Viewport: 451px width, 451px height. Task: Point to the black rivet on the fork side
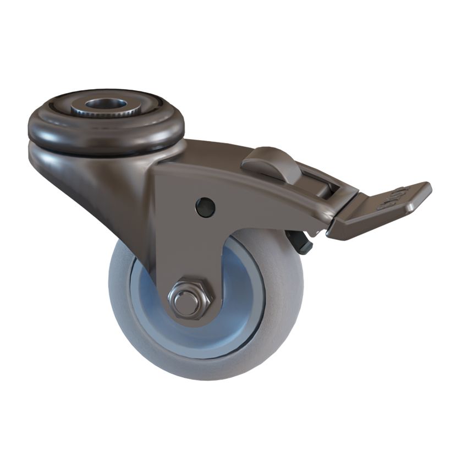tap(205, 206)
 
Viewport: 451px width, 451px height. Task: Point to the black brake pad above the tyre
tap(301, 243)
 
